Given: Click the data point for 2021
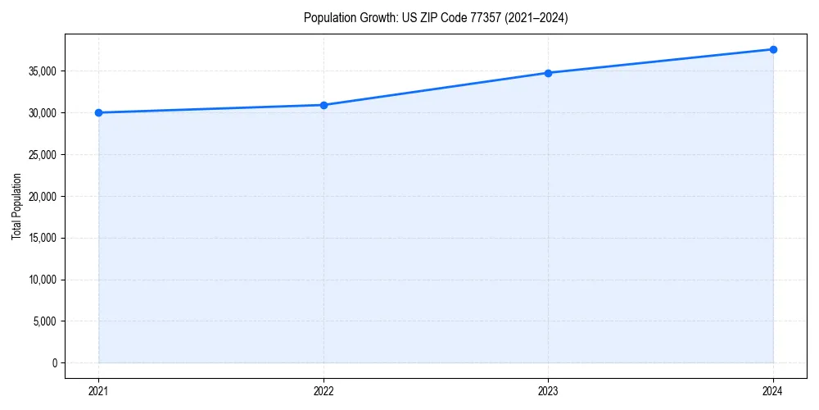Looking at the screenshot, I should tap(98, 112).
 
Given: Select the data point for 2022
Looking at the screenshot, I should tap(324, 105).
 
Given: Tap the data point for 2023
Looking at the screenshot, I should tap(548, 73).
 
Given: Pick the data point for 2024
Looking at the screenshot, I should tap(773, 49).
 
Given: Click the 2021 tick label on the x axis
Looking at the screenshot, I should tap(98, 390).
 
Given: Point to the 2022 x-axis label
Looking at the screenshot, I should tap(324, 390).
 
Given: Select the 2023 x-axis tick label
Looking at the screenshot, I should tap(548, 390).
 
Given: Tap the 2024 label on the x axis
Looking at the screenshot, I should tap(773, 390).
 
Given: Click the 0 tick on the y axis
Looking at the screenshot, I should tap(53, 362).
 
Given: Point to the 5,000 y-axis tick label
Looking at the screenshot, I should tap(45, 321).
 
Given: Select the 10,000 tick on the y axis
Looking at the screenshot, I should tap(43, 280).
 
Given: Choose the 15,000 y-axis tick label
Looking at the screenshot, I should tap(43, 238).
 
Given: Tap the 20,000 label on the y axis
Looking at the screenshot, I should tap(43, 196).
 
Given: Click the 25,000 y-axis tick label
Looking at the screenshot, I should tap(43, 154).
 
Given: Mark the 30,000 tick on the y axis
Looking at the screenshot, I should tap(43, 112).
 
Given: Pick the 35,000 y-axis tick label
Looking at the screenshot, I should tap(43, 71).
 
